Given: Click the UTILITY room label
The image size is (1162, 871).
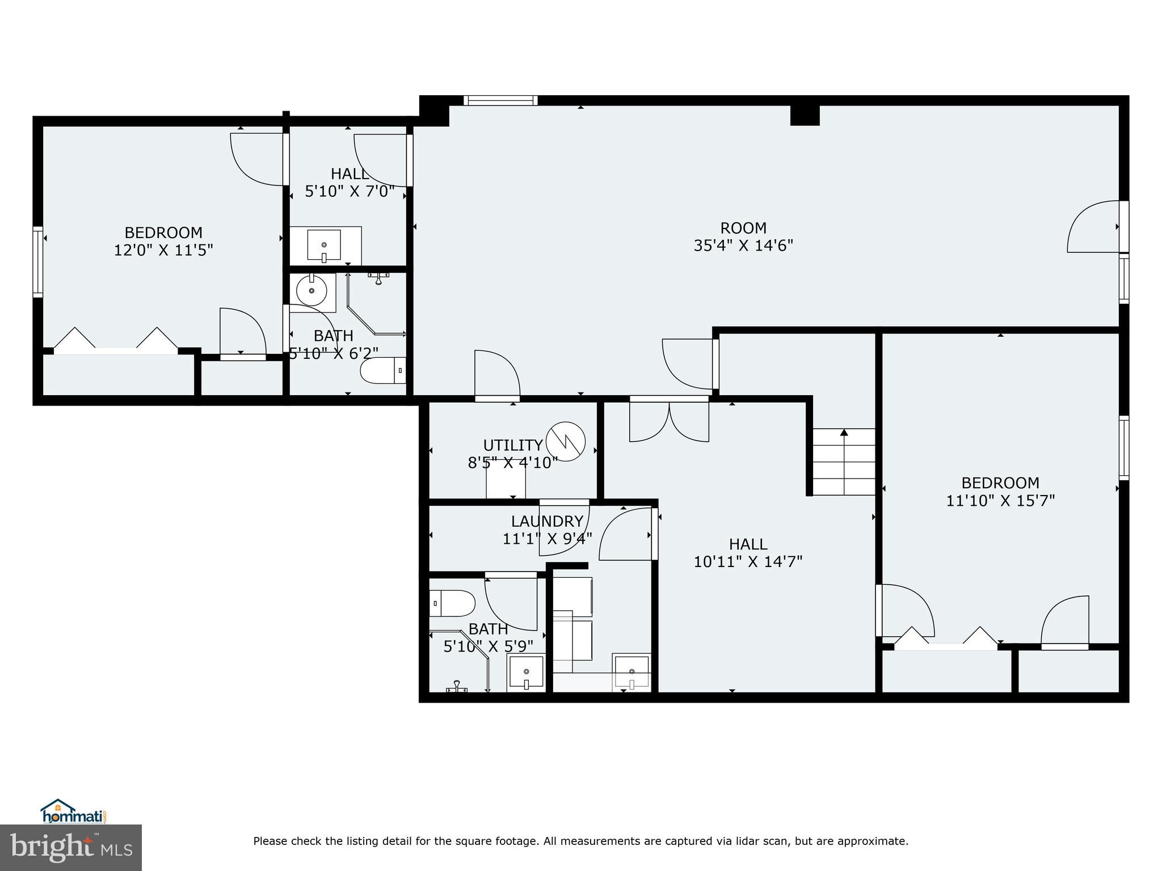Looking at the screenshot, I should click(512, 445).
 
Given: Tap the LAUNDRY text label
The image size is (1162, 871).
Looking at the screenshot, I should click(547, 521).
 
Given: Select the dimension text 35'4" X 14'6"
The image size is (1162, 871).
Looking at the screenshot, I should click(743, 246).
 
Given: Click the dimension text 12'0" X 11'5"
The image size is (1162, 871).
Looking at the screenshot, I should click(163, 250).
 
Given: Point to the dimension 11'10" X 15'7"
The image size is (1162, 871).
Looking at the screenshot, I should click(1000, 501).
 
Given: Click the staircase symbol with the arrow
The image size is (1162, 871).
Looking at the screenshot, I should click(844, 462).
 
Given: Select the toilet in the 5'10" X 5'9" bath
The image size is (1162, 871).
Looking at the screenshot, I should click(452, 603).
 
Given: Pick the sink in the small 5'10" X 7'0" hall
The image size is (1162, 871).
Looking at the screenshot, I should click(324, 246).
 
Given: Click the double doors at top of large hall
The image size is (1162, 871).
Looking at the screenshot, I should click(669, 420).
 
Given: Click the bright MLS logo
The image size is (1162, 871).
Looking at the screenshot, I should click(71, 848).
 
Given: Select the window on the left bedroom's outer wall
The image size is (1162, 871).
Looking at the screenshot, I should click(38, 261).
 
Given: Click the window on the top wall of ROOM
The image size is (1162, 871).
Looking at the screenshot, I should click(500, 101).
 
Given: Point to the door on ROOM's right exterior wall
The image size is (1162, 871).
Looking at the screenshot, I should click(1093, 227).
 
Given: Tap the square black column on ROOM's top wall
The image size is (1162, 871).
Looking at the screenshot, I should click(805, 115).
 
